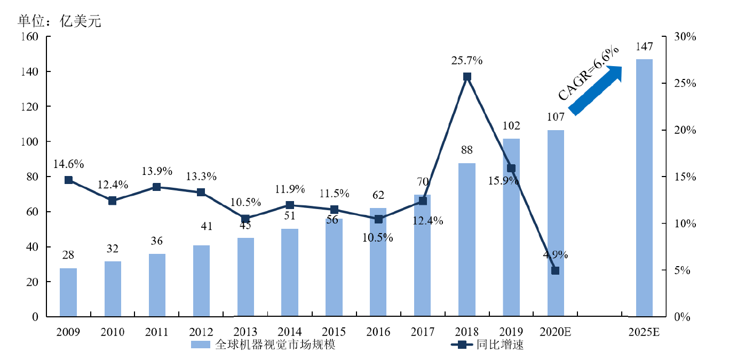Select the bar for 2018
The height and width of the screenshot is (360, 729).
pyautogui.click(x=467, y=240)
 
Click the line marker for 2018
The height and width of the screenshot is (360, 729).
pyautogui.click(x=467, y=77)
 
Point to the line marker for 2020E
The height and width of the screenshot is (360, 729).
pyautogui.click(x=555, y=270)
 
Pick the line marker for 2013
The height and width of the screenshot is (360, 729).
pyautogui.click(x=245, y=219)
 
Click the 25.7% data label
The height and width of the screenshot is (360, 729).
pyautogui.click(x=466, y=61)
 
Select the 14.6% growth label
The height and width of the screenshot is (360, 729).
pyautogui.click(x=68, y=164)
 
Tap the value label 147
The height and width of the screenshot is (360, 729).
pyautogui.click(x=644, y=47)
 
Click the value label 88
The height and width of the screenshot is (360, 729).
pyautogui.click(x=467, y=150)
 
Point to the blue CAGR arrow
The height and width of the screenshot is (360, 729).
pyautogui.click(x=596, y=90)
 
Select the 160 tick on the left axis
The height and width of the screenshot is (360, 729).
pyautogui.click(x=30, y=37)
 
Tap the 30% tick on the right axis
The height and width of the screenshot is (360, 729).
pyautogui.click(x=685, y=37)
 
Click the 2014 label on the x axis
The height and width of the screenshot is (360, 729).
pyautogui.click(x=290, y=332)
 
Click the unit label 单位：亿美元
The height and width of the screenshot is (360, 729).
pyautogui.click(x=59, y=21)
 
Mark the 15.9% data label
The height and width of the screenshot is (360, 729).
pyautogui.click(x=504, y=181)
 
